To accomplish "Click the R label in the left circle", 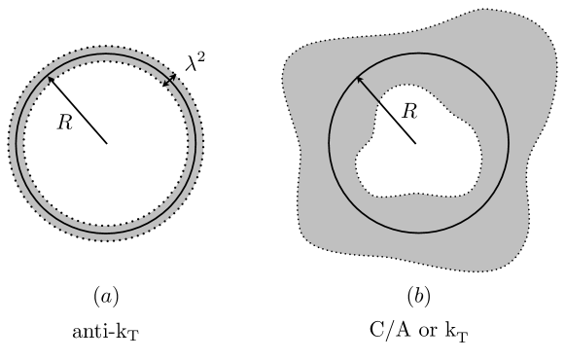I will click(65, 126).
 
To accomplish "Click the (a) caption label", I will click(106, 294).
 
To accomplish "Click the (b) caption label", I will click(418, 294).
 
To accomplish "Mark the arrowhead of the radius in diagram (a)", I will click(48, 78).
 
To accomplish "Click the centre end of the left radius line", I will click(106, 143).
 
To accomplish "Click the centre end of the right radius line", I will click(417, 144).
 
